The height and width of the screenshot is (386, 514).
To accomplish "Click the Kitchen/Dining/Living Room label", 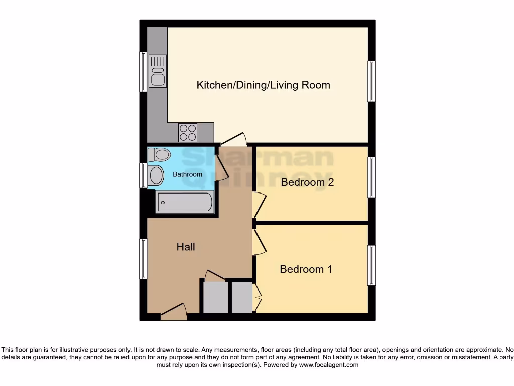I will (x=263, y=85).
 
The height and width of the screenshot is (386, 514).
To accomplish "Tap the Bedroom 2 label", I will (x=307, y=182).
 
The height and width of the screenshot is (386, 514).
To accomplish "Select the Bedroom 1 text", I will (x=306, y=269).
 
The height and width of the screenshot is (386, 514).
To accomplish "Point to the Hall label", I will (x=185, y=247).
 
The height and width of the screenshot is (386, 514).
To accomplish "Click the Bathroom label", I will (x=187, y=174).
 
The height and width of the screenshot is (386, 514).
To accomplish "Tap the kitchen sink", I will (x=157, y=71).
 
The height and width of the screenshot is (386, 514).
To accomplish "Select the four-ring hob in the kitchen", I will (x=188, y=132).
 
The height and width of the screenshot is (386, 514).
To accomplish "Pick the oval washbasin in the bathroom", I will (x=156, y=176).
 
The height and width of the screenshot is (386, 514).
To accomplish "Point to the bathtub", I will (x=185, y=202).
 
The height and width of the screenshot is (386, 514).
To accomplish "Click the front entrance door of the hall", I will (x=174, y=313).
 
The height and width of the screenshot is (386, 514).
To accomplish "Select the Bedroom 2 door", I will (x=260, y=205).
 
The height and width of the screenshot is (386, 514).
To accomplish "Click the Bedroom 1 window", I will (x=371, y=265).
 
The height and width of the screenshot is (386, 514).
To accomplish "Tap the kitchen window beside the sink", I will (x=144, y=71).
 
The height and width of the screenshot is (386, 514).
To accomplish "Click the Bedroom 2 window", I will (x=371, y=177).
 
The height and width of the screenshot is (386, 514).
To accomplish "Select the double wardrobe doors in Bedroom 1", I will (x=258, y=298).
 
